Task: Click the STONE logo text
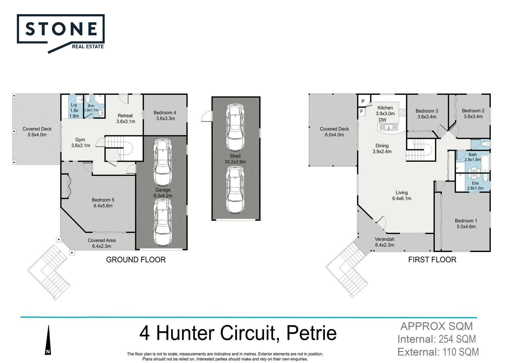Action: [61, 29]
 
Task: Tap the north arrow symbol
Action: [48, 340]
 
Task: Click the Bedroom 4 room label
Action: [165, 113]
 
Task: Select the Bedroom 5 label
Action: [103, 200]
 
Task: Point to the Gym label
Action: [80, 139]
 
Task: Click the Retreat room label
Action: [125, 116]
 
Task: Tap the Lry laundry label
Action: [74, 105]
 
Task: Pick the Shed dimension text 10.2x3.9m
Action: [235, 162]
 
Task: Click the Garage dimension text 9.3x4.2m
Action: [163, 196]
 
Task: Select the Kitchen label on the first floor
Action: [385, 108]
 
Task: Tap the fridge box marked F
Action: [362, 112]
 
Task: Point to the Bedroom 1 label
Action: [466, 221]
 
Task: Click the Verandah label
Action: [384, 239]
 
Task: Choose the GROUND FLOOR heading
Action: [136, 259]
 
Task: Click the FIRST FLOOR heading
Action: [432, 259]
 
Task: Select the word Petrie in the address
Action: [311, 333]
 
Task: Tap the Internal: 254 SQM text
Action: [436, 339]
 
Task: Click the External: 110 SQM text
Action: [438, 352]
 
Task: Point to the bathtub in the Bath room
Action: [485, 164]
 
